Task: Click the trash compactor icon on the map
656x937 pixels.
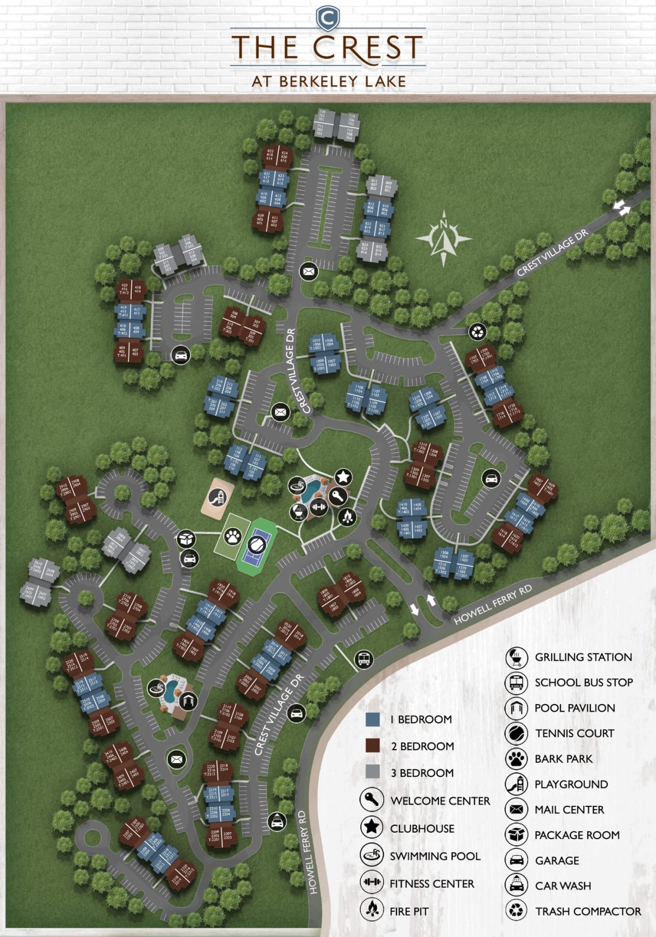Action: point(477,331)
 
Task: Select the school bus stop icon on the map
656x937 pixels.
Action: point(363,659)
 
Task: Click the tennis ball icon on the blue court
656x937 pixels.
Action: point(256,544)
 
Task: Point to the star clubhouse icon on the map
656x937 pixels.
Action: point(343,477)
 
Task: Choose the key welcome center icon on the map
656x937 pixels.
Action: point(337,497)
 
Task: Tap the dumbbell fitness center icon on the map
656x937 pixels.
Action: point(319,507)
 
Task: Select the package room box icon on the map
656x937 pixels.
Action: point(187,539)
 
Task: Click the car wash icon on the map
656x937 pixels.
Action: point(277,821)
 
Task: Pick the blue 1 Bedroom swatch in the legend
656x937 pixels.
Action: point(372,719)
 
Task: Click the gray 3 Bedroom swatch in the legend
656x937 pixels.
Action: point(372,772)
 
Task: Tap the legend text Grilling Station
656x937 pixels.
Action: point(583,657)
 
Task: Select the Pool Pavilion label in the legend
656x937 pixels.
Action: point(575,708)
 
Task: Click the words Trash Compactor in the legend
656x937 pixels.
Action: point(588,911)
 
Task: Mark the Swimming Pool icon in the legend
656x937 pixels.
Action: point(371,856)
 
